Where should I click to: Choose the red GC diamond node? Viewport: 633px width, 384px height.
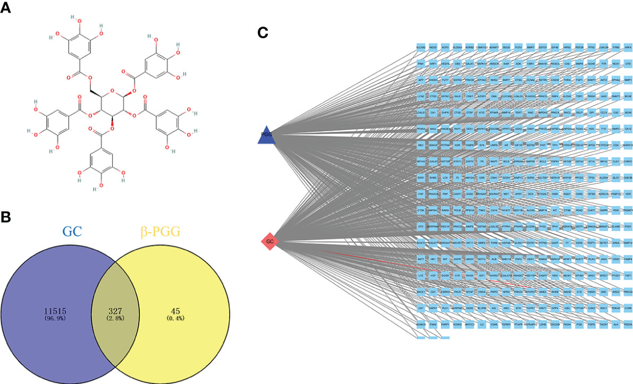(x=270, y=242)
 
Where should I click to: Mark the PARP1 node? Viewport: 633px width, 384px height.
(x=445, y=323)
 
